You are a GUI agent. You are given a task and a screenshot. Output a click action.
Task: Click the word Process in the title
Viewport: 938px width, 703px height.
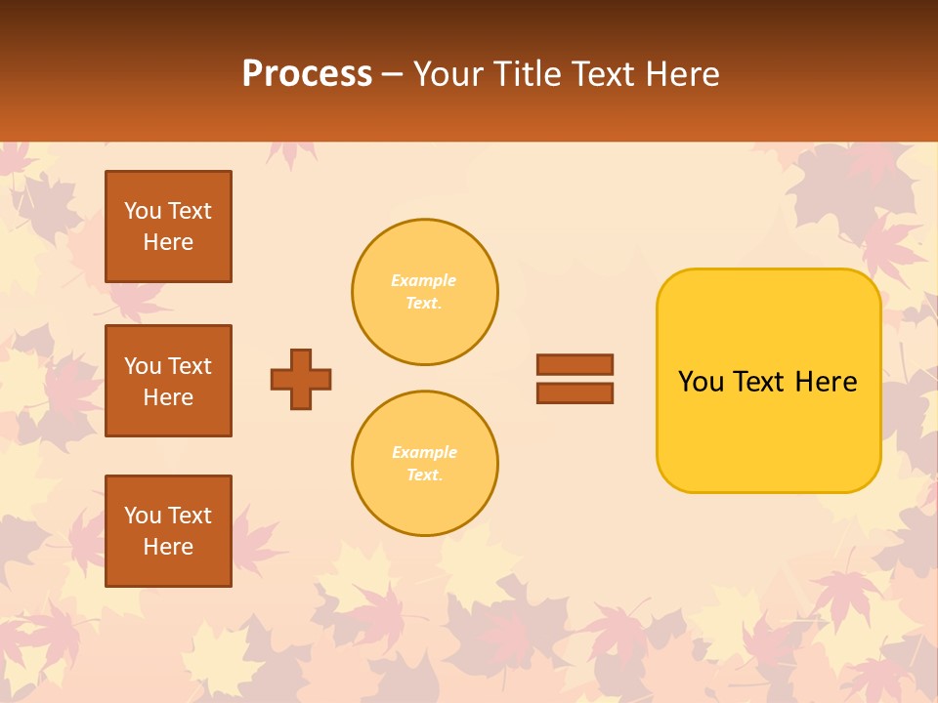click(307, 74)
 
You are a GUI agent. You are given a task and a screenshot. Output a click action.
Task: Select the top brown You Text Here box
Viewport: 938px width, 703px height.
click(168, 227)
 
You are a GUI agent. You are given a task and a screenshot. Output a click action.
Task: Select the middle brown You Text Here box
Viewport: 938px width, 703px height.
click(168, 381)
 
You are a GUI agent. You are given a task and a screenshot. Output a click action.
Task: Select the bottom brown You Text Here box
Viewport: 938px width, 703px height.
click(168, 531)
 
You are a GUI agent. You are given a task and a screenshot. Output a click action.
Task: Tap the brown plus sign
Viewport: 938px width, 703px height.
click(301, 379)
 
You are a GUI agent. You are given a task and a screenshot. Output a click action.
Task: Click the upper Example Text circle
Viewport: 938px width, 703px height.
click(425, 292)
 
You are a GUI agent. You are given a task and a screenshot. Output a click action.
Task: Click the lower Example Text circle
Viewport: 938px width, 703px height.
click(425, 464)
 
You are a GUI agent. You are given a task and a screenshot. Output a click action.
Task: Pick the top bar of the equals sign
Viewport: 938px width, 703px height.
click(575, 365)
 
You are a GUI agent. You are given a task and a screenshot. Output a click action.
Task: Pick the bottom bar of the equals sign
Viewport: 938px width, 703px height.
click(575, 393)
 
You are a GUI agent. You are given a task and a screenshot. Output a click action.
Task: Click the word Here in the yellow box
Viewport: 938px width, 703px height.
click(826, 382)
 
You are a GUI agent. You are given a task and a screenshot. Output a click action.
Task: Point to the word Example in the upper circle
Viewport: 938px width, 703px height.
click(424, 280)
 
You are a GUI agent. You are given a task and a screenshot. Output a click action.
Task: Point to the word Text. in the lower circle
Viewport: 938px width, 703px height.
click(424, 476)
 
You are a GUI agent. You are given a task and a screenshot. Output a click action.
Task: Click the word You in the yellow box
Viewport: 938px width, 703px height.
click(701, 382)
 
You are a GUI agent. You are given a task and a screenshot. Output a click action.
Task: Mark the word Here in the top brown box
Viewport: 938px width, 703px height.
click(168, 242)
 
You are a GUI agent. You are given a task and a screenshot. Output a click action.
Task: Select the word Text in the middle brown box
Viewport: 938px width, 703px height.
click(190, 366)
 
